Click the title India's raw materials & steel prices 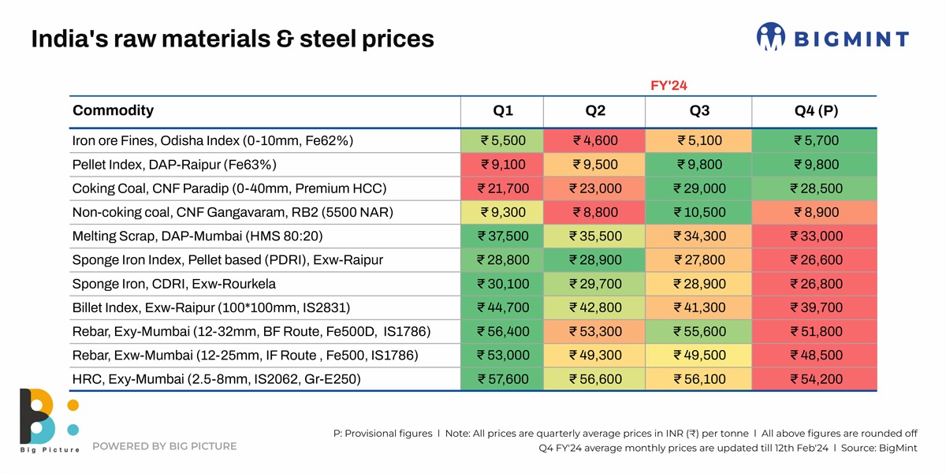(x=232, y=39)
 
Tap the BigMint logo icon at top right (x=770, y=38)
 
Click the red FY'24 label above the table (x=669, y=85)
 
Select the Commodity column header (x=113, y=110)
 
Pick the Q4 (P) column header (x=815, y=110)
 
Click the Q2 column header (x=595, y=110)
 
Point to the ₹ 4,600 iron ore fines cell (x=595, y=141)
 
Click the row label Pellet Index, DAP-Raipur (x=173, y=165)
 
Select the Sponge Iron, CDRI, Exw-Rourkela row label (x=173, y=284)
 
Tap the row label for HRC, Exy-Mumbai (x=216, y=379)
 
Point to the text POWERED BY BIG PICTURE (x=164, y=446)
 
